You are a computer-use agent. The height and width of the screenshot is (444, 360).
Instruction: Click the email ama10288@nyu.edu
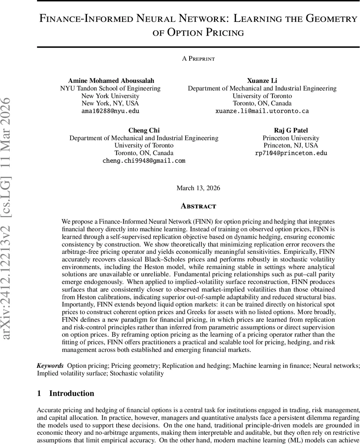110,111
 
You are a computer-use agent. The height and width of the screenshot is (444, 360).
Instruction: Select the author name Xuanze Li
262,81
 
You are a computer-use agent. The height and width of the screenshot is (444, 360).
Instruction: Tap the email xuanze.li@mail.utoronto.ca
262,111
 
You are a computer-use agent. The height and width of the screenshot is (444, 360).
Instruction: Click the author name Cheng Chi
144,130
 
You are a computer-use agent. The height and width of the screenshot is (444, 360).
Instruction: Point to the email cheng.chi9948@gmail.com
144,161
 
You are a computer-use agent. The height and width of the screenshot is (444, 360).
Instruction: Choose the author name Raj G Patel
291,130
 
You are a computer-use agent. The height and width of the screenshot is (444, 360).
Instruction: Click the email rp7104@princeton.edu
291,153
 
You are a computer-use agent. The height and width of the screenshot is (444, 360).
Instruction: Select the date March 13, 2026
198,188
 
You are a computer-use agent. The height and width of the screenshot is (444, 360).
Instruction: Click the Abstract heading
198,206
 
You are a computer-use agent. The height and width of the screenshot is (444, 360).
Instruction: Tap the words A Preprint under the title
198,58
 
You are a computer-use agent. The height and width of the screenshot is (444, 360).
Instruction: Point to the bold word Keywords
50,366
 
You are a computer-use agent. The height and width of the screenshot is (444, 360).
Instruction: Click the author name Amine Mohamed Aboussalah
110,81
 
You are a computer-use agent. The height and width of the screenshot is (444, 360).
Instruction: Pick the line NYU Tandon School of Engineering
110,88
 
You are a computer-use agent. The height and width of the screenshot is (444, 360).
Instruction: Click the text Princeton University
291,138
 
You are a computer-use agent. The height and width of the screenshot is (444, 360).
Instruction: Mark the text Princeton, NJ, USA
291,145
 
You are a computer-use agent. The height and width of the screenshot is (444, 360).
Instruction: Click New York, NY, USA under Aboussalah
110,103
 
